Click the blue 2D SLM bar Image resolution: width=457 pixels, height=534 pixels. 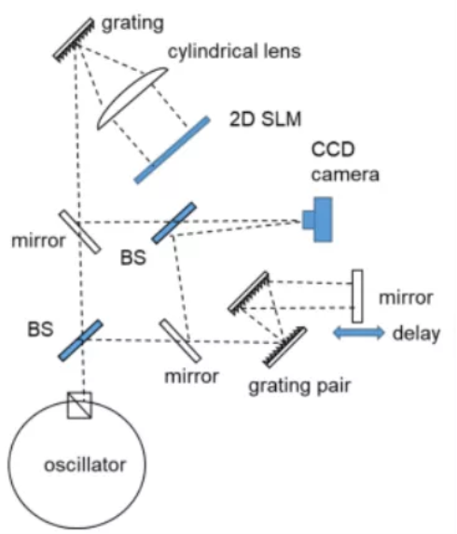[172, 150]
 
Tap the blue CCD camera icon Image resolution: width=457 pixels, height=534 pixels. [318, 220]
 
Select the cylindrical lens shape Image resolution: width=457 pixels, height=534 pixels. [132, 99]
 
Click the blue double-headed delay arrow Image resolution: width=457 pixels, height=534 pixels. [358, 333]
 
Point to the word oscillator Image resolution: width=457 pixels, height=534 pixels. [85, 465]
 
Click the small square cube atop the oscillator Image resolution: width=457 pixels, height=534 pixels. [79, 405]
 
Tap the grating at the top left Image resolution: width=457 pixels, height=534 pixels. [74, 40]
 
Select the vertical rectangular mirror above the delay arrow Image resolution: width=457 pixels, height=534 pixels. [357, 296]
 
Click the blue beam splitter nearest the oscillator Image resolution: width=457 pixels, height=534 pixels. [81, 340]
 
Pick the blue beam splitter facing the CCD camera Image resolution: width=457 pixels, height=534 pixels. [174, 223]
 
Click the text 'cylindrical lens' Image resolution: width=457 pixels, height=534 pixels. [234, 52]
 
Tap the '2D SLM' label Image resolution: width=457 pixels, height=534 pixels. [266, 119]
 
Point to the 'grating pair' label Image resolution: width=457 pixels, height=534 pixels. [299, 387]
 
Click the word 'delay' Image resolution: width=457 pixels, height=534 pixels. [417, 334]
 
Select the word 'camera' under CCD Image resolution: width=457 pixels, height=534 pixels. [345, 174]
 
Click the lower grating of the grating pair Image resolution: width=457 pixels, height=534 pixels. [285, 347]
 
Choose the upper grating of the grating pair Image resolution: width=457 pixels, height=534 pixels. [248, 293]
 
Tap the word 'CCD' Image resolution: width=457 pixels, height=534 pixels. [333, 149]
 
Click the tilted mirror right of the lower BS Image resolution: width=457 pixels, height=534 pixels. [181, 340]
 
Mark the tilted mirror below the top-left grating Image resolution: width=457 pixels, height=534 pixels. [80, 232]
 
